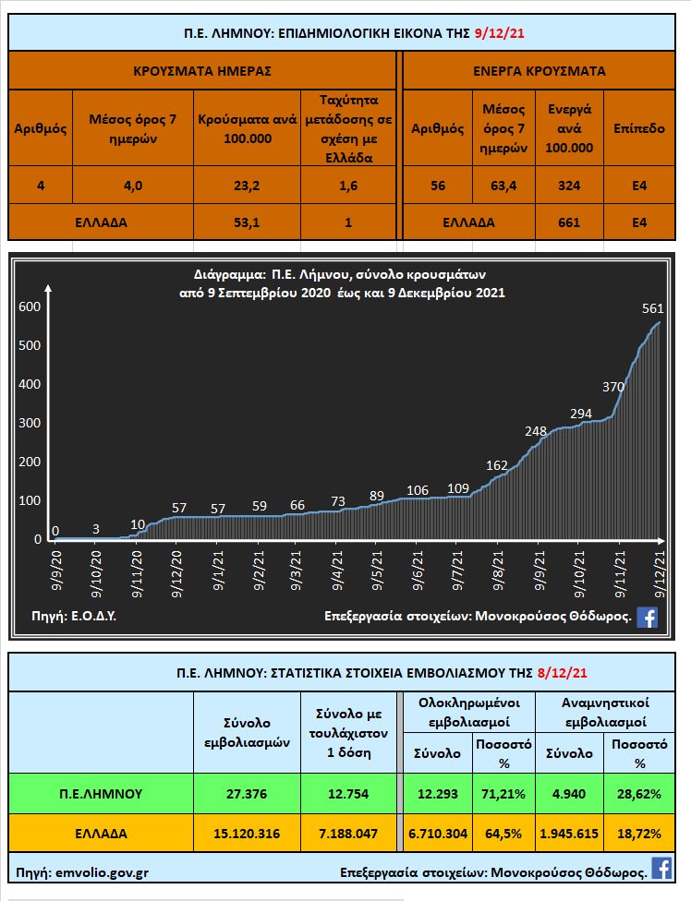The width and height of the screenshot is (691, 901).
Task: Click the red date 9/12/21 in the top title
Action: (500, 33)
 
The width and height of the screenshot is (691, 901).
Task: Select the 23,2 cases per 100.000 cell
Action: (248, 186)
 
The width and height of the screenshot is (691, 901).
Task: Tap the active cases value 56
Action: (438, 186)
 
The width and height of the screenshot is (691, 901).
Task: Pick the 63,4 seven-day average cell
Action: (504, 186)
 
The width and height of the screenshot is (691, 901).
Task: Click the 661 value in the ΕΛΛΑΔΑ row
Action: (569, 222)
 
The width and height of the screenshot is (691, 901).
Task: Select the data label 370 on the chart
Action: (613, 388)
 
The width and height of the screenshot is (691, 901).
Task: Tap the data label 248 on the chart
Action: (535, 430)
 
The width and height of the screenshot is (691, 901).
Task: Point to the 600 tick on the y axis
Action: (30, 306)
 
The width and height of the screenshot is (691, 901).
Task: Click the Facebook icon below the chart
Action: (648, 618)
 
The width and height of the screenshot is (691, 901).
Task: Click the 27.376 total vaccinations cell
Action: (246, 794)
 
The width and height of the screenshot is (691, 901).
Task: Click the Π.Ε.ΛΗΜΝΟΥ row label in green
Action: (101, 794)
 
